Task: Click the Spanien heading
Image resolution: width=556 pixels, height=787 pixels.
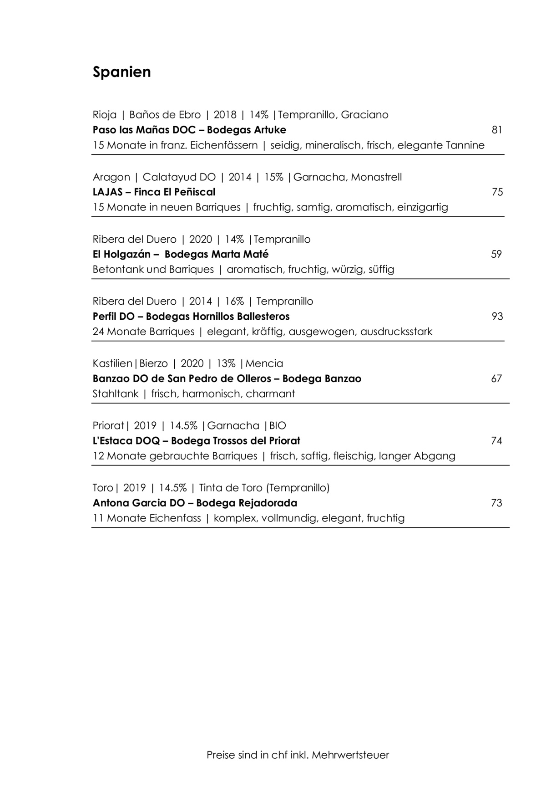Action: click(121, 72)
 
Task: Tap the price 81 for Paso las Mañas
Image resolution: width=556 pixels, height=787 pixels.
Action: click(497, 130)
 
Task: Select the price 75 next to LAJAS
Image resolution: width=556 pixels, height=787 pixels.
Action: click(497, 192)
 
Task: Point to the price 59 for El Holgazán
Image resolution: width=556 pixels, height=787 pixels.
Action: click(496, 254)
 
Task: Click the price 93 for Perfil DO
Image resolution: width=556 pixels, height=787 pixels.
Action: click(497, 317)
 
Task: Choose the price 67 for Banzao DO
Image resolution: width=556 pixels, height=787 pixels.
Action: click(496, 378)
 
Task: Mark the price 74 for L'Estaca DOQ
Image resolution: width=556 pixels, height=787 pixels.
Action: click(496, 441)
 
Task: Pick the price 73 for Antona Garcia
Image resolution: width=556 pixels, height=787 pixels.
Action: click(496, 503)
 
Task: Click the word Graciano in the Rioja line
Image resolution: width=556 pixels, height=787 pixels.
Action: click(364, 115)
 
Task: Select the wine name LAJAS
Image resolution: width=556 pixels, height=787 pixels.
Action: click(107, 192)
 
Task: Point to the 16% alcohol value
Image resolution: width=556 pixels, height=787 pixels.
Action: click(234, 302)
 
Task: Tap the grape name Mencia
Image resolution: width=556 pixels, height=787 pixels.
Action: click(264, 363)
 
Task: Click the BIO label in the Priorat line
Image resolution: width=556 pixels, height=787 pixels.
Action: click(278, 426)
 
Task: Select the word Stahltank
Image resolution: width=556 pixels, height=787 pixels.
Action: click(115, 394)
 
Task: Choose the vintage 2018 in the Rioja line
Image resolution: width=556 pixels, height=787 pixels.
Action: click(225, 115)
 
